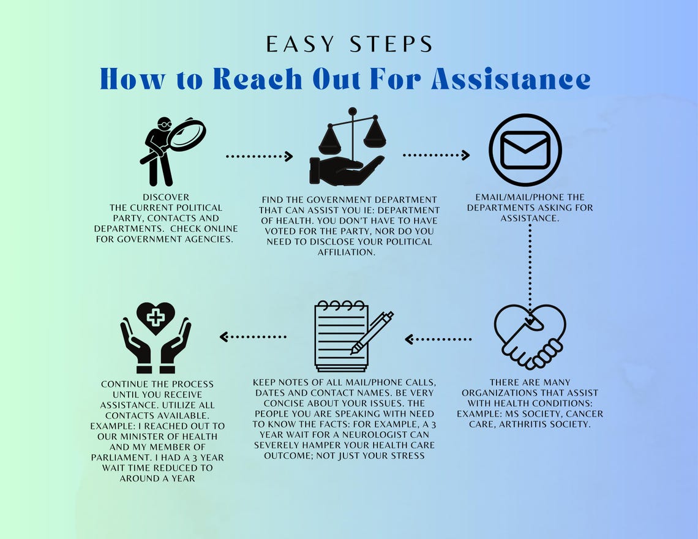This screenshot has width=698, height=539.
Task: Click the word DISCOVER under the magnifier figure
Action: tap(166, 197)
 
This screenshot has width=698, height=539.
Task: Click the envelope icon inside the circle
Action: tap(525, 150)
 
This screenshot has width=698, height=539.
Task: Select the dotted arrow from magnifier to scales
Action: tap(259, 157)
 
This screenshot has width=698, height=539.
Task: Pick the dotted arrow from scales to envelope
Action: tap(436, 156)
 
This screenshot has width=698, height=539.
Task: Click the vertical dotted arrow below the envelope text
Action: tap(530, 269)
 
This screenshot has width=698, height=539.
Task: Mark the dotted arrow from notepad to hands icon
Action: tap(253, 336)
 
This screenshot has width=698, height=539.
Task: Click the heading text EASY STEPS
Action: tap(349, 44)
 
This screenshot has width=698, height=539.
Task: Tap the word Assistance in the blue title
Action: tap(511, 78)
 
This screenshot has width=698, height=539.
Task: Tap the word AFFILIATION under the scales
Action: tap(346, 252)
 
